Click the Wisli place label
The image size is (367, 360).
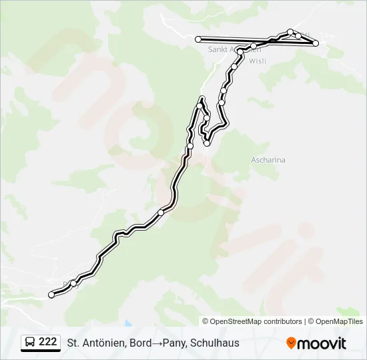click(x=258, y=61)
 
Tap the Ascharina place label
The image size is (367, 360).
click(x=268, y=160)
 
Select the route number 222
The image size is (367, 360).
click(x=48, y=342)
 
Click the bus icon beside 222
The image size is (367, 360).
click(x=30, y=343)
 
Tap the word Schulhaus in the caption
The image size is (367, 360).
click(x=215, y=343)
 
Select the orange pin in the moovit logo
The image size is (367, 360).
click(x=292, y=343)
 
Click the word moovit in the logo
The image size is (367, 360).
click(x=322, y=343)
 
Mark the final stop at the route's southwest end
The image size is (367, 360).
click(x=51, y=295)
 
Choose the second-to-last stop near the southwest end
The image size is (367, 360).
click(x=73, y=283)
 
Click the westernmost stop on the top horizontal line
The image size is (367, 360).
click(x=198, y=39)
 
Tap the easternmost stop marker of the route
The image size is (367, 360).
click(x=316, y=43)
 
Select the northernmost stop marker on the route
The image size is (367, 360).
click(x=290, y=31)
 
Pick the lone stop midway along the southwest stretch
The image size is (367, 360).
click(x=161, y=213)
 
